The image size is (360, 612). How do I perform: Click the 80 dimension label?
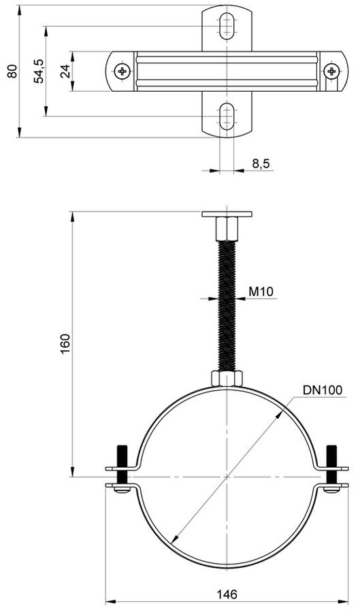pos(13,71)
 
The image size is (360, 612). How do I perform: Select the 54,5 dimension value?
pos(39,71)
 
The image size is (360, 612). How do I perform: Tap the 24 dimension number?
pos(65,71)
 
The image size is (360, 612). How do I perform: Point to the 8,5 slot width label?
pos(261,163)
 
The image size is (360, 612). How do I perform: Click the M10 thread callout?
pos(261,291)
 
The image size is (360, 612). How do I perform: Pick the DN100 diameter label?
pos(323,390)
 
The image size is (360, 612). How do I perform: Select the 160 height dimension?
pos(65,344)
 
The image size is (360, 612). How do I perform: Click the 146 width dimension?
pos(227,594)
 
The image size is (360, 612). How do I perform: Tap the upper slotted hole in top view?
pos(227,26)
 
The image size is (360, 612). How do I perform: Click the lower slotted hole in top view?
pos(227,116)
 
